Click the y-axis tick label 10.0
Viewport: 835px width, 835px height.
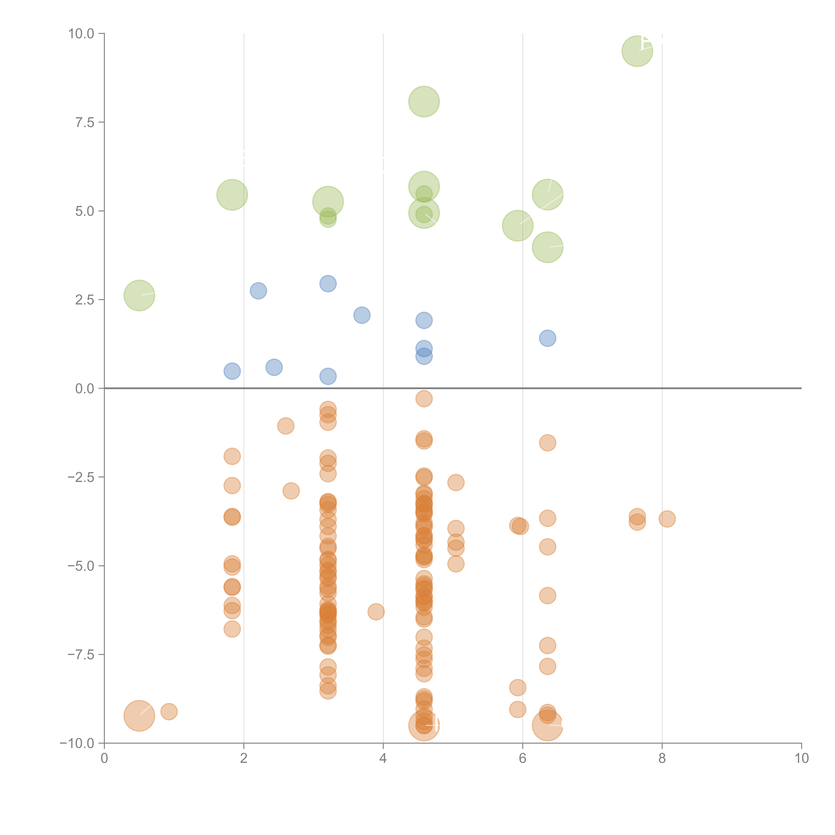(x=81, y=34)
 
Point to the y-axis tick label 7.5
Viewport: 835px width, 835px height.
(x=85, y=122)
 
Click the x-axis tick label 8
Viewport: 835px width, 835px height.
(x=662, y=759)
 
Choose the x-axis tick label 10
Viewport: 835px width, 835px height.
(x=801, y=759)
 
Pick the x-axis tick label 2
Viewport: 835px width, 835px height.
(x=244, y=759)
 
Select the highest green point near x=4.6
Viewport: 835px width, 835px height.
(x=424, y=102)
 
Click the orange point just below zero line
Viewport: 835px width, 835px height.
(x=424, y=398)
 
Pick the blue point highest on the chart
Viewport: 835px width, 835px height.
(x=328, y=284)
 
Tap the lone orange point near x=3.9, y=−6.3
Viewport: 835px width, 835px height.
(x=376, y=612)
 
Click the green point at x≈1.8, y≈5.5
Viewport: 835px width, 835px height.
(x=232, y=195)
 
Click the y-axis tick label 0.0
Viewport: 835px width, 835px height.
(x=85, y=389)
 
